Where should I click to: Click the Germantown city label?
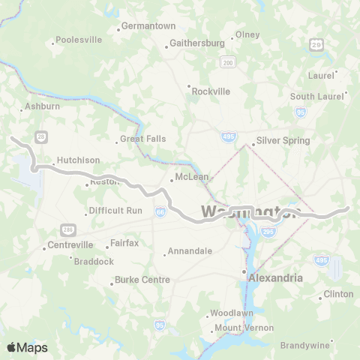coord(148,26)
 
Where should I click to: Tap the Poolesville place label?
coord(78,39)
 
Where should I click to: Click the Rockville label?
coord(211,91)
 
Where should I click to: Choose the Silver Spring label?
coord(283,140)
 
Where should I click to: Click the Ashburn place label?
coord(42,107)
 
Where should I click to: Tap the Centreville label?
coord(70,245)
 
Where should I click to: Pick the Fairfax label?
coord(124,243)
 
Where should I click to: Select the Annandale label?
coord(190,251)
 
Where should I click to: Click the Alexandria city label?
coord(275,277)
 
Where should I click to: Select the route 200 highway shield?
coord(228,63)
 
